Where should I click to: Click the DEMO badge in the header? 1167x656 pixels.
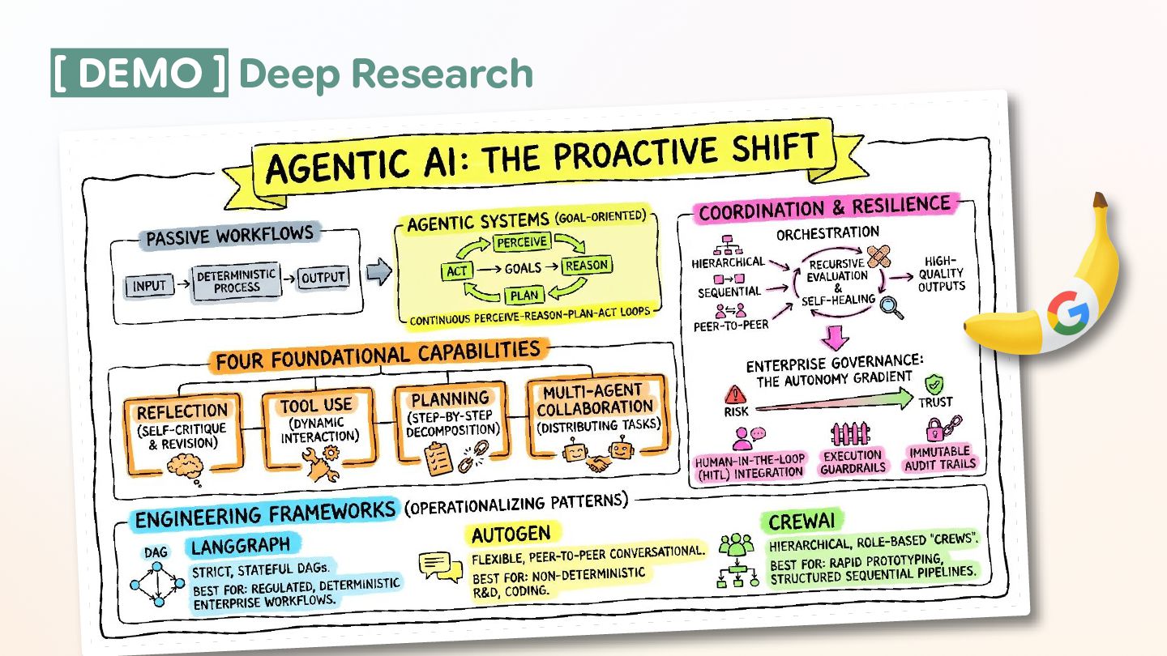pyautogui.click(x=139, y=73)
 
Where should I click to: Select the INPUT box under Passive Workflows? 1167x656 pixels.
pyautogui.click(x=149, y=285)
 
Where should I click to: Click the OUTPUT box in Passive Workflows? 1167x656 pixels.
pyautogui.click(x=323, y=278)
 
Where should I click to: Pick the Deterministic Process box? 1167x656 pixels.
pyautogui.click(x=237, y=281)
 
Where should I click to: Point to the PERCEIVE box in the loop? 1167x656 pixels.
pyautogui.click(x=522, y=242)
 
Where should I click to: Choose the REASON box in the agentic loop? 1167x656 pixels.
pyautogui.click(x=586, y=266)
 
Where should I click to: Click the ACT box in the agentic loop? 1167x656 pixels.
pyautogui.click(x=457, y=270)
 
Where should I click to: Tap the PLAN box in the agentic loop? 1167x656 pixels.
pyautogui.click(x=524, y=296)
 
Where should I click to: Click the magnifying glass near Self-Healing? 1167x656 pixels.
pyautogui.click(x=893, y=308)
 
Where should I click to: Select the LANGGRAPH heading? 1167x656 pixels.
pyautogui.click(x=241, y=545)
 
